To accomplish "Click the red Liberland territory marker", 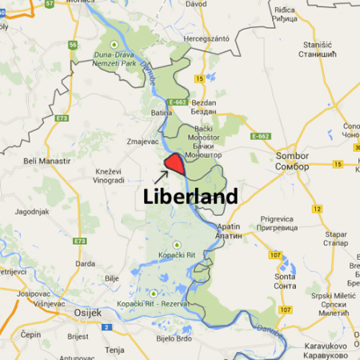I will (174, 164).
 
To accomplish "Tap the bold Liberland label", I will (190, 197).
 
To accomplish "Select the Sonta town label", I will (285, 280).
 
